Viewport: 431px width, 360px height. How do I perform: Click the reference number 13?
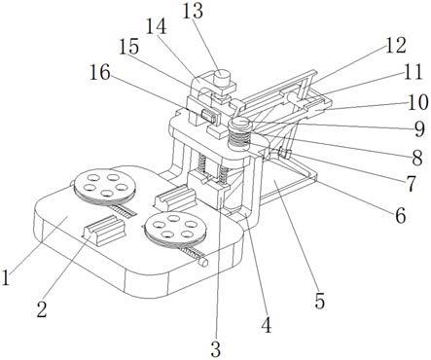coord(193,11)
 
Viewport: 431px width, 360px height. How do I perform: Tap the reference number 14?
coord(156,27)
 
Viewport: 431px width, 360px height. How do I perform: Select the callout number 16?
coord(100,73)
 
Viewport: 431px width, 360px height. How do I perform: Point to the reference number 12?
coord(395,45)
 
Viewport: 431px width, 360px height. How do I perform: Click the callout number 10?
coord(418,102)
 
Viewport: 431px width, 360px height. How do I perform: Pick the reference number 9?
coord(419,129)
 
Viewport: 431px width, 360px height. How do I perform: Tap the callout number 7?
coord(411,184)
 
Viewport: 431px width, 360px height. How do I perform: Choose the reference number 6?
coord(401,215)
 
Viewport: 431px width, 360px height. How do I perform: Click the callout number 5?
coord(319,302)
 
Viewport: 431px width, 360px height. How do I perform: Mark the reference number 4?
coord(267,325)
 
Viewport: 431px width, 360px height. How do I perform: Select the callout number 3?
coord(216,349)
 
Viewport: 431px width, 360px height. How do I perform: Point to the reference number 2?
coord(42,309)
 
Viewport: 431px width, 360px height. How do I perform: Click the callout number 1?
coord(6,278)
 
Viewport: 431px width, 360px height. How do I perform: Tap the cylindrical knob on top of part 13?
coord(222,77)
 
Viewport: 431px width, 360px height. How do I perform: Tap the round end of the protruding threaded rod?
coord(204,263)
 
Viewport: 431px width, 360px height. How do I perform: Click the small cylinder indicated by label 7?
coord(284,153)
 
